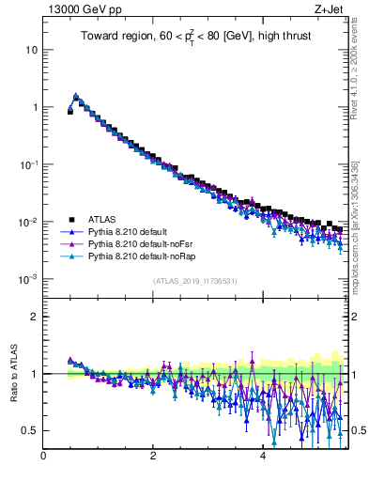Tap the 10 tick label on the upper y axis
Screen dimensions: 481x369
click(x=31, y=50)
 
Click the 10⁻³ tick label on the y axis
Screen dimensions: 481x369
click(x=28, y=280)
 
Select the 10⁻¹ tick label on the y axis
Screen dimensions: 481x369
click(x=28, y=164)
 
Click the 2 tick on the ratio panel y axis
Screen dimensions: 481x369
click(x=33, y=317)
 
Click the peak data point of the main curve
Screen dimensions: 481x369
click(x=76, y=96)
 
